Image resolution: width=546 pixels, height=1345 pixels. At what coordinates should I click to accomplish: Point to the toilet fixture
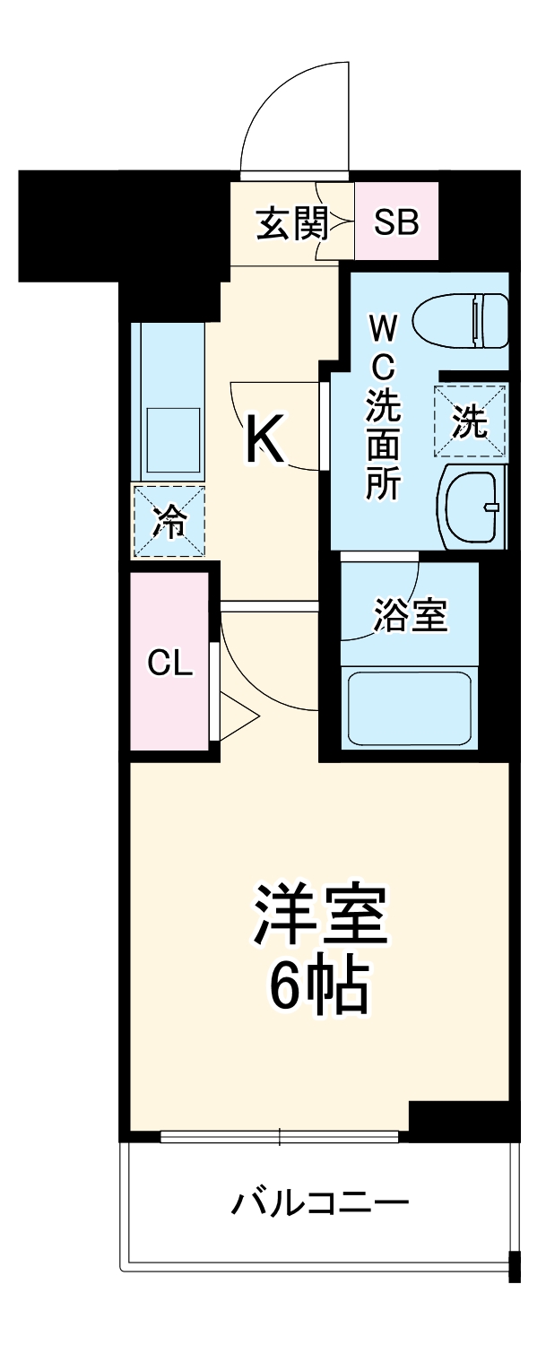[x=463, y=321]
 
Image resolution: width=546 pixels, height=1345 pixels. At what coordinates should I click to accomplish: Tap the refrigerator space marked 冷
[x=169, y=521]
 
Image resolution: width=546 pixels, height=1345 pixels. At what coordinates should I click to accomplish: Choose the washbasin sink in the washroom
[x=472, y=506]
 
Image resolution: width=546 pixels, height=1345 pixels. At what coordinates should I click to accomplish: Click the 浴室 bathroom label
[x=410, y=616]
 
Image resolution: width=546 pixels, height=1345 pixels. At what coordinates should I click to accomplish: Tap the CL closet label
[x=170, y=664]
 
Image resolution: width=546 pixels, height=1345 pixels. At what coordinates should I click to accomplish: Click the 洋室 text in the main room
[x=319, y=915]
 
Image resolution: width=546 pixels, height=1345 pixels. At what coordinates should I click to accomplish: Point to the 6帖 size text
[x=319, y=986]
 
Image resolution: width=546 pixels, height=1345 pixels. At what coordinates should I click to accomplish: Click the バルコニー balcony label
[x=320, y=1202]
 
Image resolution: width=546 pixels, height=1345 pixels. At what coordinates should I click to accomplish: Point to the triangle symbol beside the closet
[x=235, y=716]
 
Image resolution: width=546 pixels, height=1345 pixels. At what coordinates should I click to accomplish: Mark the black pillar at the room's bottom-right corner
[x=459, y=1116]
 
